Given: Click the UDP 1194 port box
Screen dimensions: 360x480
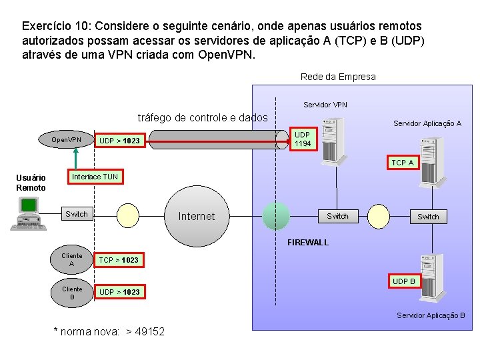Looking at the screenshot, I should coord(303,139).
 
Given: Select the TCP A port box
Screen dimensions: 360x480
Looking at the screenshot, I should coord(402,163).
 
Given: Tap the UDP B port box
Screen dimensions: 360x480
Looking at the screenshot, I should coord(403,281).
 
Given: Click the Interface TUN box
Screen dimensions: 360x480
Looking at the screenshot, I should coord(95,177).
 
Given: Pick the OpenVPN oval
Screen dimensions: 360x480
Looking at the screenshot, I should coord(67,140).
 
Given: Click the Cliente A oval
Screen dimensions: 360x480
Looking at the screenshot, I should coord(72,260).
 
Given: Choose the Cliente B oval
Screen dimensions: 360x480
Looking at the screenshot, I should coord(72,293).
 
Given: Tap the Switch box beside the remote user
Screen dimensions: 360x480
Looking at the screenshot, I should coord(76,214).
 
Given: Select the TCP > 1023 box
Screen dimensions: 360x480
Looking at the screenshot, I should coord(119,260).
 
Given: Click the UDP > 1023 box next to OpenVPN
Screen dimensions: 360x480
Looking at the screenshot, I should coord(119,141).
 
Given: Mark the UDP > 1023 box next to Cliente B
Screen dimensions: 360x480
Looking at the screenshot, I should coord(119,292).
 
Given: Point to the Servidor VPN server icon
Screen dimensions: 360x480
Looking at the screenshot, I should coord(332,140).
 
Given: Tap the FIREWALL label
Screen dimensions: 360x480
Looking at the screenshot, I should coord(308,243).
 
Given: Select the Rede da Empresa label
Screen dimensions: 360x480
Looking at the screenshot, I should coord(338,77).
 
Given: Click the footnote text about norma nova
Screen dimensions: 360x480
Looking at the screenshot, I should coord(109,331).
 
